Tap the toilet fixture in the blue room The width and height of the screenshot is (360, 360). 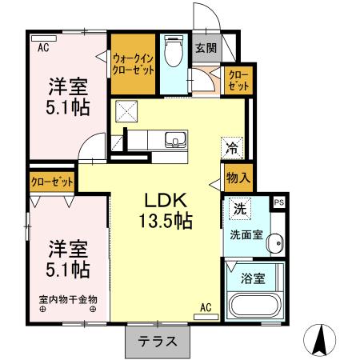(172, 53)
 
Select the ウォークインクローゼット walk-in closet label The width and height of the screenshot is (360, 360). (133, 62)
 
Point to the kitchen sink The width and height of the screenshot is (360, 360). (174, 142)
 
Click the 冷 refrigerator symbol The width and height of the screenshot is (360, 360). (231, 147)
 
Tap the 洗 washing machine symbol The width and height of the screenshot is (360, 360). (239, 208)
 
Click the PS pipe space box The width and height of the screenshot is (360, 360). (279, 203)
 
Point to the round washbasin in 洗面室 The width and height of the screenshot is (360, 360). (275, 242)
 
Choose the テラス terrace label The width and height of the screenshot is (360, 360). (158, 342)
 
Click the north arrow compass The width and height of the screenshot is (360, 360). (322, 342)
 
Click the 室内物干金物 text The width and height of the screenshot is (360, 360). (67, 300)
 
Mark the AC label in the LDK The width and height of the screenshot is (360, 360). (205, 307)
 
